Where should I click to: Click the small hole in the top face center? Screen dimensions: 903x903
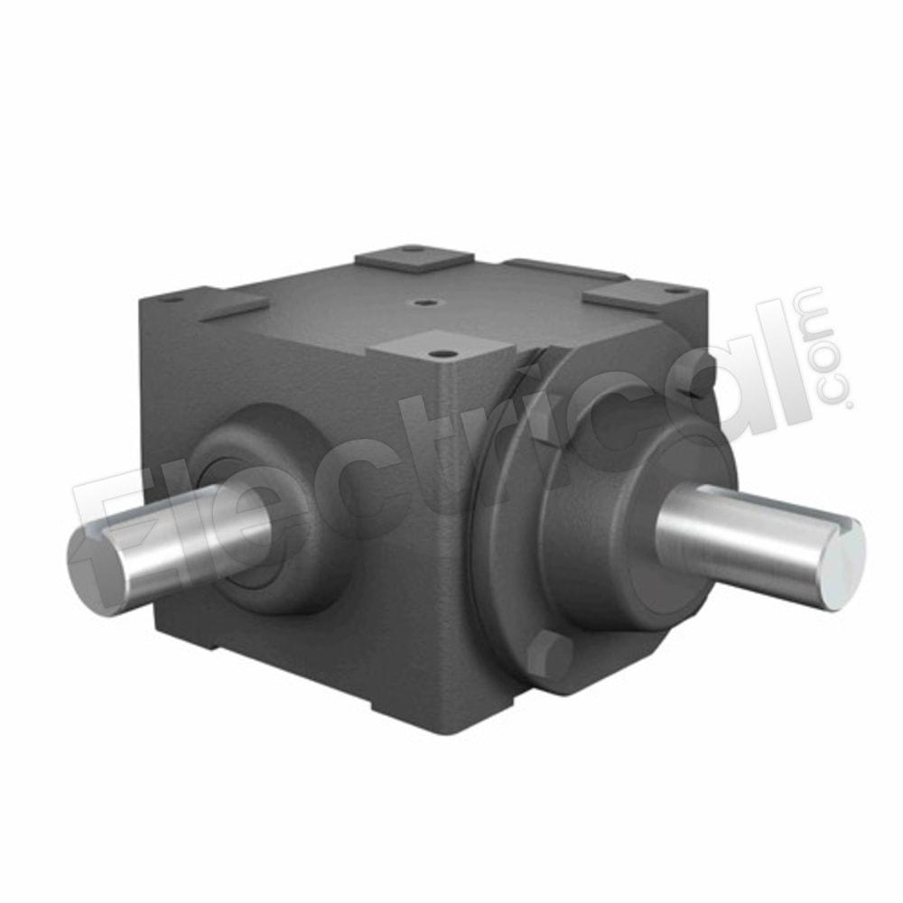pos(424,303)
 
